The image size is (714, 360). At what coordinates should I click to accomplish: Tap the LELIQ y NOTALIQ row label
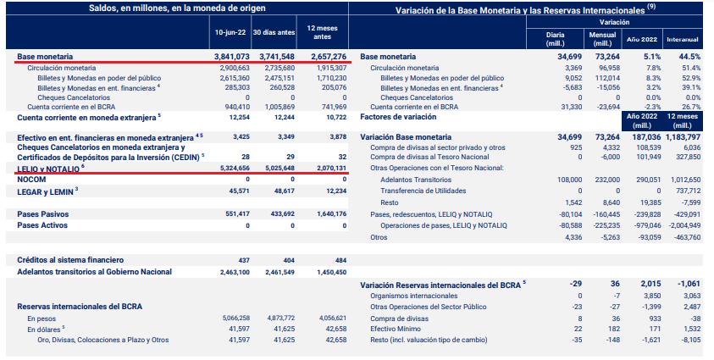[48, 169]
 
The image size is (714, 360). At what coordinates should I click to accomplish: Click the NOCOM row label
[31, 180]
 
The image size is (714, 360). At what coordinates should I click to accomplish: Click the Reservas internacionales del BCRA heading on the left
[80, 305]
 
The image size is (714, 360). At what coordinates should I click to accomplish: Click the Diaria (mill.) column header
[556, 38]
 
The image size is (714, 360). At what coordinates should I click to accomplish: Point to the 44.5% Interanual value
[690, 57]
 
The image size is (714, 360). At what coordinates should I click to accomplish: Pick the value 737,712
[686, 191]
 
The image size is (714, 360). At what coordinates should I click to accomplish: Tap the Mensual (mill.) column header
[602, 38]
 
